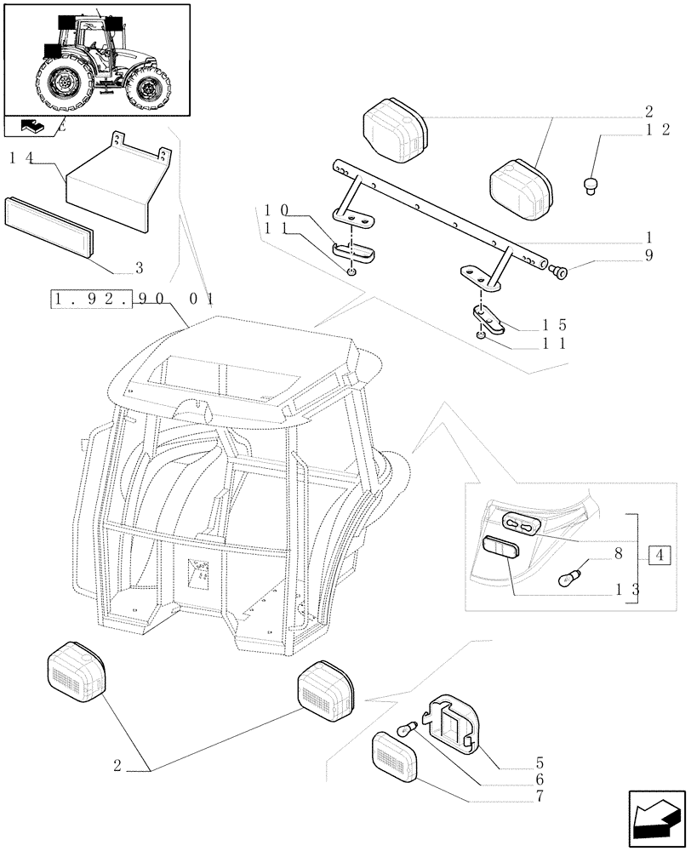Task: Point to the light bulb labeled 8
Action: (x=568, y=578)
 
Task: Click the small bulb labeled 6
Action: (x=407, y=729)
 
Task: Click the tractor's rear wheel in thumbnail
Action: (x=65, y=86)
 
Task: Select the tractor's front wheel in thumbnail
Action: (x=151, y=89)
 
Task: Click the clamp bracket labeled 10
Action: (x=356, y=252)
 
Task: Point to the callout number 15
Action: (x=553, y=325)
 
